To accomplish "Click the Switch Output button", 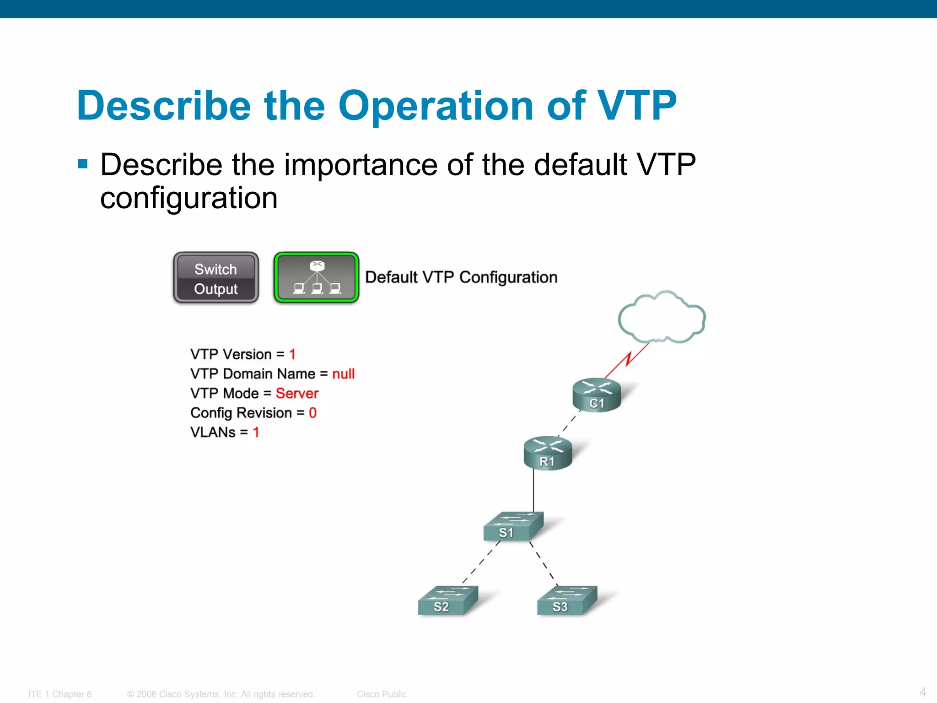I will click(215, 278).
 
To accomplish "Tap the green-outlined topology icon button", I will click(316, 278).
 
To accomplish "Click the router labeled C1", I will click(597, 395).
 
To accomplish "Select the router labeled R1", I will click(548, 453).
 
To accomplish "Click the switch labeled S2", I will click(447, 600).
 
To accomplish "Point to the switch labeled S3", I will click(566, 600).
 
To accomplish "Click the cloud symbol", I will click(662, 317).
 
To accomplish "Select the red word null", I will click(343, 374).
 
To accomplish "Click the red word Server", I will click(297, 394).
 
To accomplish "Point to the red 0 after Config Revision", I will click(312, 413).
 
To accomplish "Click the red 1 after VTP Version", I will click(292, 354).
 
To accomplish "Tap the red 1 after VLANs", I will click(256, 433).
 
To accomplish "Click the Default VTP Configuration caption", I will click(461, 277).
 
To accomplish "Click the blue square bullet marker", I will click(83, 164).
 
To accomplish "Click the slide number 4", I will click(923, 692).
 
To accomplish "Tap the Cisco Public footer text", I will click(382, 694).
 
